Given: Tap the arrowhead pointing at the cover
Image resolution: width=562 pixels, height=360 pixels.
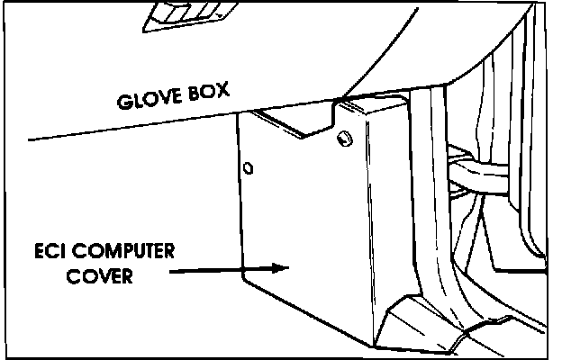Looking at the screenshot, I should (x=281, y=265).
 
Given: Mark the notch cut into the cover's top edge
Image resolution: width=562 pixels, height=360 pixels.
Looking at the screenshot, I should (x=297, y=126).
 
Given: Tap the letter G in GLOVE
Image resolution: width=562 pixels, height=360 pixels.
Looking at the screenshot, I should (x=124, y=101).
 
